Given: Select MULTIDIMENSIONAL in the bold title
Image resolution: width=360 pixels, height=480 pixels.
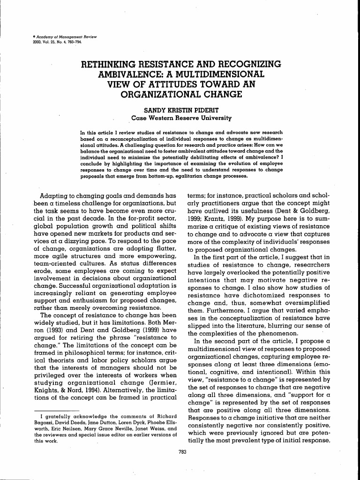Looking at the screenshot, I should pos(223,74).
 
